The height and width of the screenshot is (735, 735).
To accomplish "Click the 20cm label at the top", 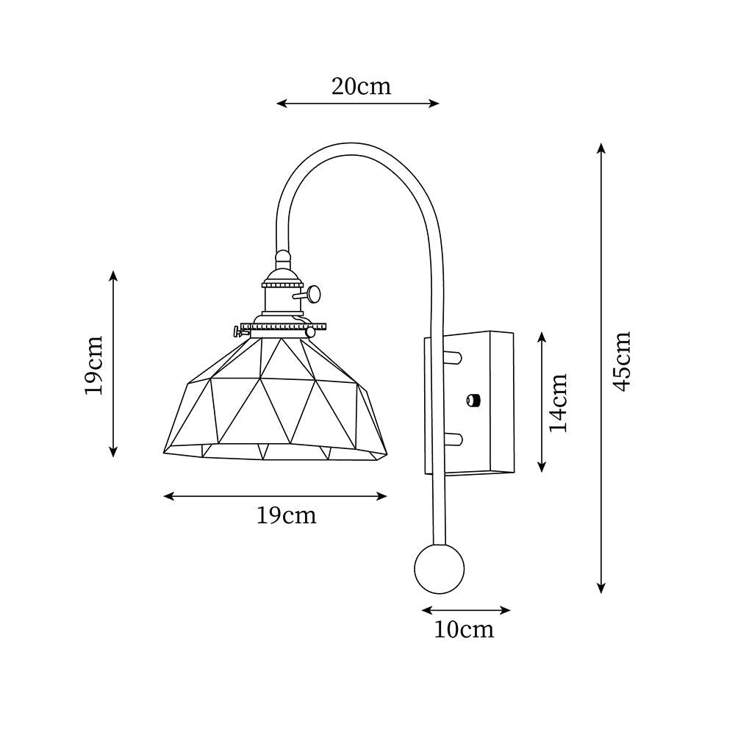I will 361,86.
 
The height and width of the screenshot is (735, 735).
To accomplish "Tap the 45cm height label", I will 622,361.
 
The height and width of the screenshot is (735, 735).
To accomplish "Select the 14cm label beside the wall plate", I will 559,402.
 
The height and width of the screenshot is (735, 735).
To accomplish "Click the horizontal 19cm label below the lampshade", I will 287,515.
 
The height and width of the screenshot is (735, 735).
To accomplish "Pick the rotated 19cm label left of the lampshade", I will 93,365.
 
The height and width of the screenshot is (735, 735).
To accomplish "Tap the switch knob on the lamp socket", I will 315,294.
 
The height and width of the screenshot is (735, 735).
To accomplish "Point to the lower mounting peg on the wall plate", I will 453,440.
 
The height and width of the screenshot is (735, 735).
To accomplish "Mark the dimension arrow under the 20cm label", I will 358,104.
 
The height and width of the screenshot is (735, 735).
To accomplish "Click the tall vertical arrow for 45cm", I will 601,367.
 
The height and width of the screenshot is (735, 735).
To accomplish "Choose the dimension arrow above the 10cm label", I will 466,610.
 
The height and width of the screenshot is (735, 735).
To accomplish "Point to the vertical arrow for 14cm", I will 542,401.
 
